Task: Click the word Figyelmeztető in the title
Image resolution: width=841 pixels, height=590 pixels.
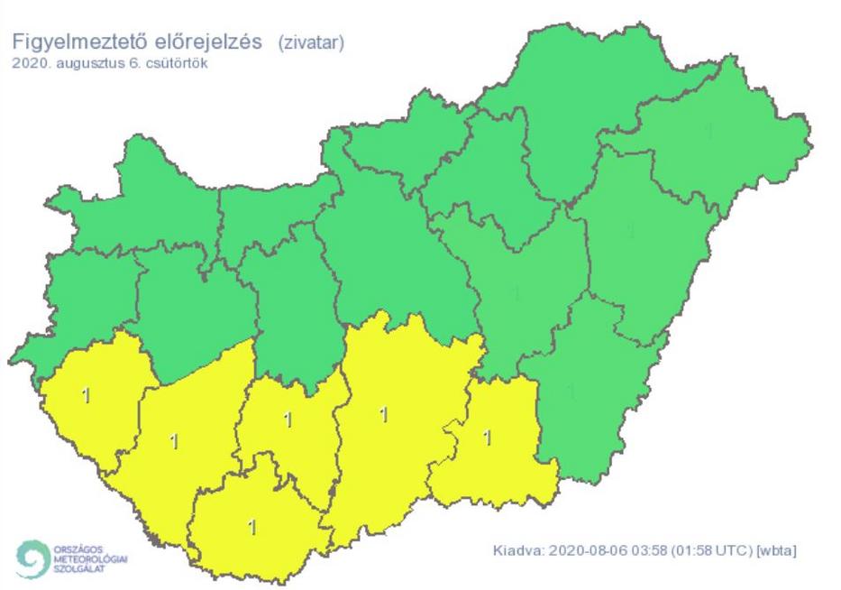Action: click(74, 41)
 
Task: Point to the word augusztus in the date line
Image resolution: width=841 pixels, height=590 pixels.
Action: click(81, 63)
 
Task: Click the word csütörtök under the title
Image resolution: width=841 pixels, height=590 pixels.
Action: click(171, 63)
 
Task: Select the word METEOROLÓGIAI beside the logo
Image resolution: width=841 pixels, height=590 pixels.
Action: click(88, 558)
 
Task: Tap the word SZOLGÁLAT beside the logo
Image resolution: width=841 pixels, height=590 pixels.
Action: click(78, 567)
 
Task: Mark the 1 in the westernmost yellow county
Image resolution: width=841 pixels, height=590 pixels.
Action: click(85, 395)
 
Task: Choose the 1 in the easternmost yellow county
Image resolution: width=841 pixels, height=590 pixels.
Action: click(488, 438)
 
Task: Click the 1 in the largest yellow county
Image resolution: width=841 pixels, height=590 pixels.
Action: click(384, 415)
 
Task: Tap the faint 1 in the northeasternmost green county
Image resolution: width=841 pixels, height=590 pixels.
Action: click(709, 133)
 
